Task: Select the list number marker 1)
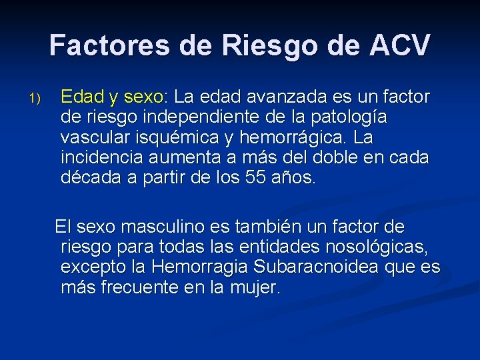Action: click(x=35, y=99)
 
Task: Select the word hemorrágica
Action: click(x=291, y=138)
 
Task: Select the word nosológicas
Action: click(x=376, y=247)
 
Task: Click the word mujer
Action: click(x=255, y=288)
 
